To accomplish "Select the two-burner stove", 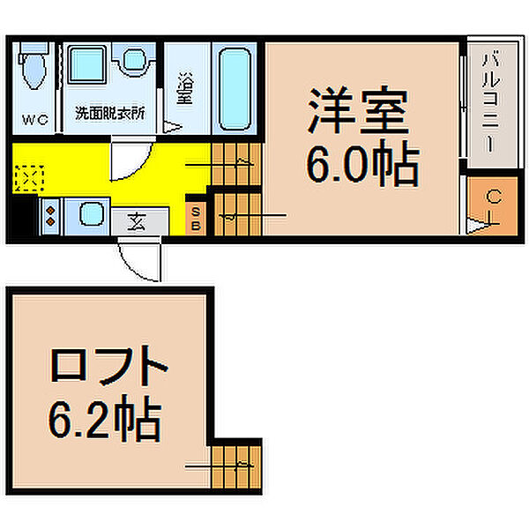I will coord(49,215).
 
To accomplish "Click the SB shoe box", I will coord(197,217).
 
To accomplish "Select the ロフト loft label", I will coord(108,366).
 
